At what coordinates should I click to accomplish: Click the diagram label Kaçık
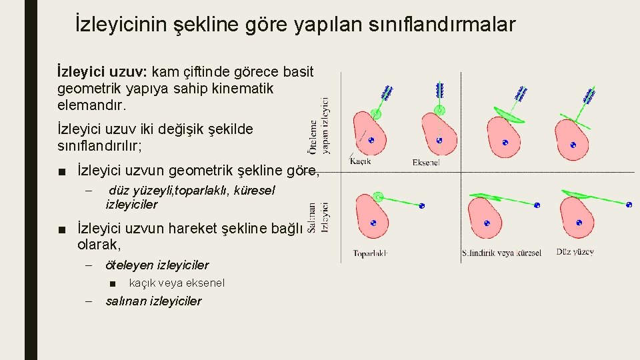pyautogui.click(x=361, y=160)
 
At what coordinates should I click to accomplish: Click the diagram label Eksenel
pyautogui.click(x=426, y=162)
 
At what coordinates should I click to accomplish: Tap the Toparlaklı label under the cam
pyautogui.click(x=370, y=253)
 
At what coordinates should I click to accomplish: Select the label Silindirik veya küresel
pyautogui.click(x=501, y=253)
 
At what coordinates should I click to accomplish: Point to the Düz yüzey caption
pyautogui.click(x=575, y=252)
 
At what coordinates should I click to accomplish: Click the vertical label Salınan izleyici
pyautogui.click(x=319, y=217)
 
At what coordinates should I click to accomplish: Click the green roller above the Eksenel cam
pyautogui.click(x=439, y=111)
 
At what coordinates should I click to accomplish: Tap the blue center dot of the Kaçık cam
pyautogui.click(x=372, y=140)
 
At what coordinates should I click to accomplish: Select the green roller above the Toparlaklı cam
pyautogui.click(x=379, y=196)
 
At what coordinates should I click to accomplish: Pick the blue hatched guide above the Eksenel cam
pyautogui.click(x=439, y=89)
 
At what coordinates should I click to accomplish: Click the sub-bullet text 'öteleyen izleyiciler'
pyautogui.click(x=157, y=265)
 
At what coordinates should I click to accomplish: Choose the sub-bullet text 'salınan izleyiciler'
pyautogui.click(x=153, y=301)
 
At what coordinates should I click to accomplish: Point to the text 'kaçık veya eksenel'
pyautogui.click(x=177, y=283)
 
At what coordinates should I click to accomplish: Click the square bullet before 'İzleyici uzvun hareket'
pyautogui.click(x=62, y=230)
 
